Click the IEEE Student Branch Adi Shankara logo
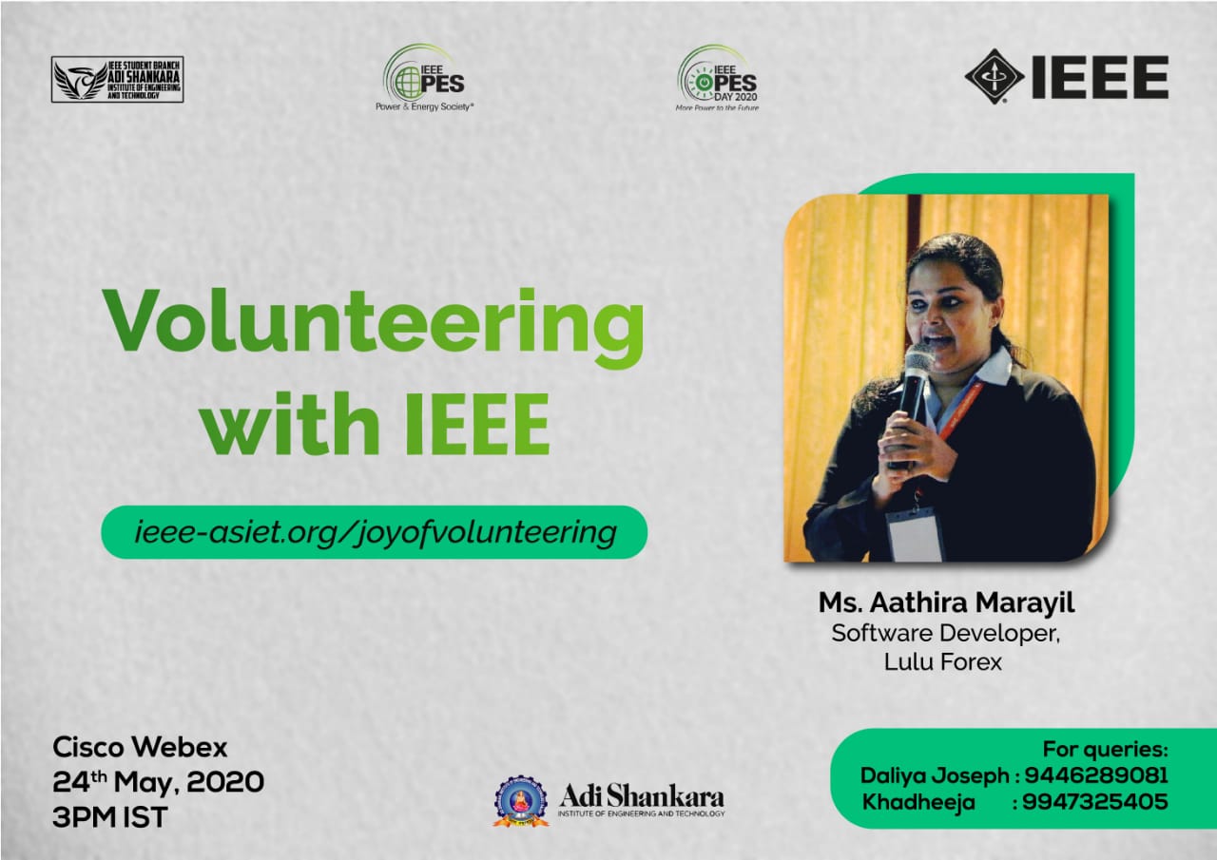pos(117,79)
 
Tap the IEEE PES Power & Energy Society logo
pos(424,78)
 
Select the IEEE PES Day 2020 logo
pos(717,78)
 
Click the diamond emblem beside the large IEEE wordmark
pos(995,77)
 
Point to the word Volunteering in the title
pos(373,328)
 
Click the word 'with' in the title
pos(291,424)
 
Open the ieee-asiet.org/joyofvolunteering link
pos(375,532)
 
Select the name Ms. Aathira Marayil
pos(946,602)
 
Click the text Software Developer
pos(945,633)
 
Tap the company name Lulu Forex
pos(942,661)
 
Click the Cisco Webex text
pos(140,748)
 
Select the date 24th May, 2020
pos(158,782)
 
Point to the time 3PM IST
pos(109,817)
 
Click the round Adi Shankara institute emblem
pos(520,801)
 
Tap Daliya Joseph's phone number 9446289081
pos(1096,775)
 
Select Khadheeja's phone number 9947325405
pos(1095,802)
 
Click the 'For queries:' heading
pos(1105,750)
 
